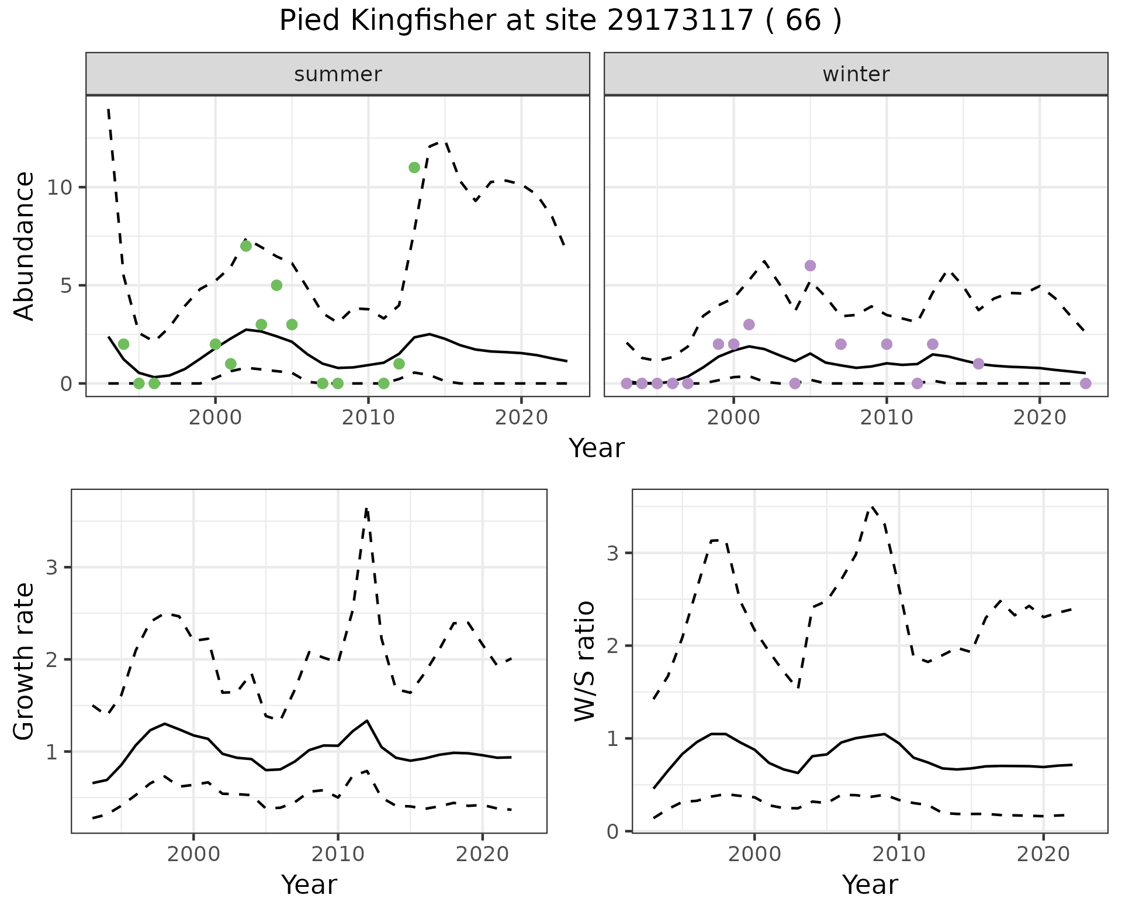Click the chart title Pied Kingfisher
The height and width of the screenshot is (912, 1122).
click(560, 21)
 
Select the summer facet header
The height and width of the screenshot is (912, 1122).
click(338, 74)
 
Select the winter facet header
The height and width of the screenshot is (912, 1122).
click(856, 74)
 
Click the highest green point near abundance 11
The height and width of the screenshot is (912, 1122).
click(414, 168)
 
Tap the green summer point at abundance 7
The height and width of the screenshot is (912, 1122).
click(246, 246)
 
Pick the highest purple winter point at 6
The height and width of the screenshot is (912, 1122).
click(810, 266)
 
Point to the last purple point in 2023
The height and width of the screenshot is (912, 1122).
click(1085, 384)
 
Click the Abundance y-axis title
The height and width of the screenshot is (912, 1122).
click(25, 246)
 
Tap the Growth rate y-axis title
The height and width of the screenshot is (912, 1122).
click(25, 661)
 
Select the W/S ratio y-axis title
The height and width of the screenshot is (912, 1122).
click(584, 661)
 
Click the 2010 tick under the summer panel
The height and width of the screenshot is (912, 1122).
click(368, 418)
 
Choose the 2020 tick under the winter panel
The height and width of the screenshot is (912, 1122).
click(1040, 418)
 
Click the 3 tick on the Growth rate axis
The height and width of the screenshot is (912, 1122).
click(51, 568)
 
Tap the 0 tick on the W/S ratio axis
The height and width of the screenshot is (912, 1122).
click(612, 831)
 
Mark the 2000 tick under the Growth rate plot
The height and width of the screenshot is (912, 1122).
click(193, 855)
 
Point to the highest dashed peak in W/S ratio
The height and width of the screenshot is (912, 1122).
click(872, 507)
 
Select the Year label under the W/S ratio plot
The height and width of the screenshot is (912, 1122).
click(870, 885)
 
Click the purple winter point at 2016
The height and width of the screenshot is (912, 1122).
click(978, 364)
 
